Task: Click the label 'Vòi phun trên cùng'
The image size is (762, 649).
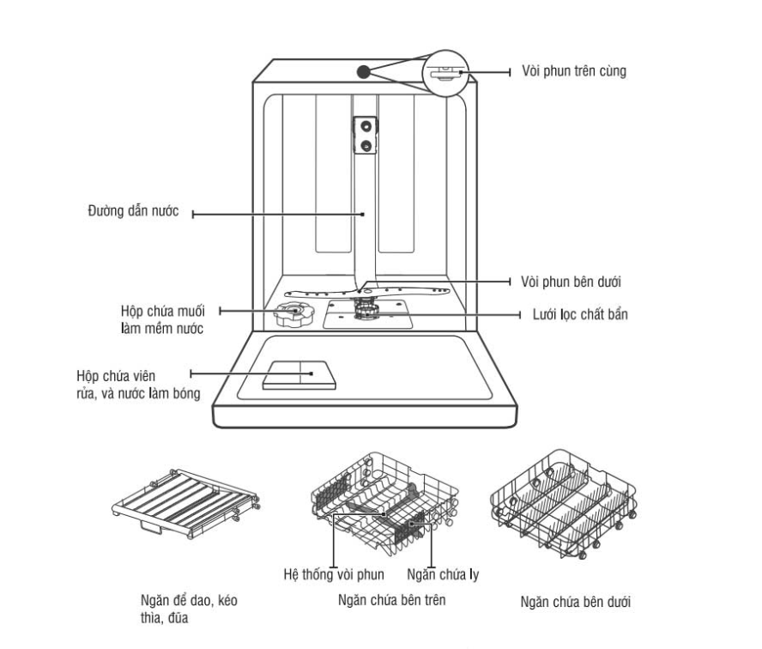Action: pos(574,71)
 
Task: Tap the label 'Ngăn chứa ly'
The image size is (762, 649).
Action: pos(431,574)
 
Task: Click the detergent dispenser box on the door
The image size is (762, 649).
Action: pos(295,375)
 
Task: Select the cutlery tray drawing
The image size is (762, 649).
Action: pos(185,505)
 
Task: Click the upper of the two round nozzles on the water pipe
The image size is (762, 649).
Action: pos(366,126)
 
